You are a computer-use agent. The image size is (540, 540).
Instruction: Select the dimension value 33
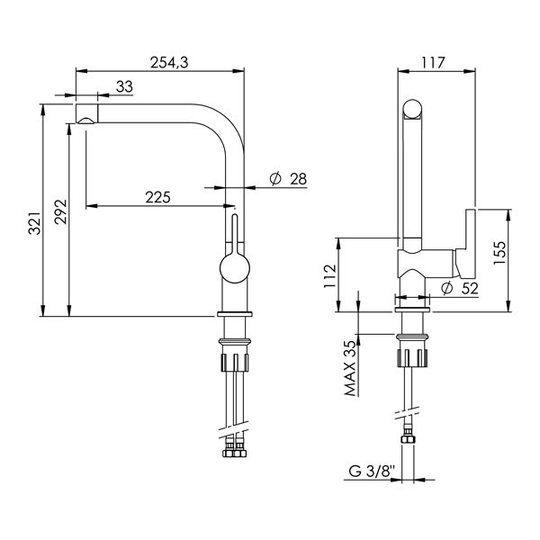click(124, 85)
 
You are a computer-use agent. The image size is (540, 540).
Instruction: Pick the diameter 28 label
click(288, 179)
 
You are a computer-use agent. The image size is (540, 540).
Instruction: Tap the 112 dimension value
click(330, 274)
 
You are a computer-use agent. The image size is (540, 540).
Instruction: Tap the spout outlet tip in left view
click(86, 117)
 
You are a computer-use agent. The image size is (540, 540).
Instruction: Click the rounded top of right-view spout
click(410, 109)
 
